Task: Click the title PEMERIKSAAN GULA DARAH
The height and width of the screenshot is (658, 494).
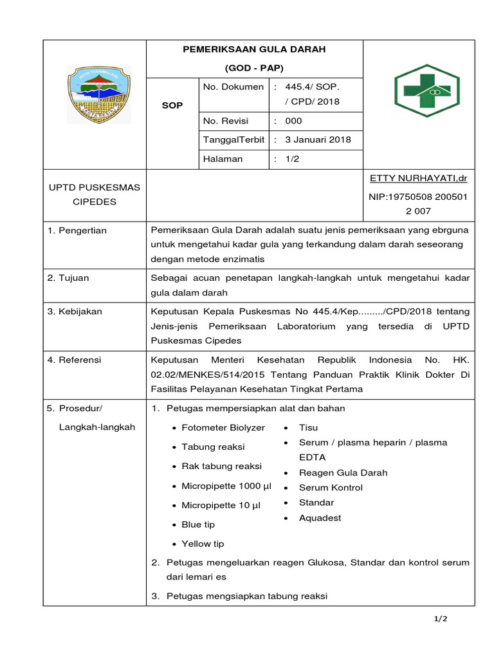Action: [255, 49]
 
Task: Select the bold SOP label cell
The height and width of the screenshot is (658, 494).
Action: [172, 105]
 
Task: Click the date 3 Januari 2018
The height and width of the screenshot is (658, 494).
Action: [318, 140]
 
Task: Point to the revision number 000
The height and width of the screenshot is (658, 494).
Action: [293, 121]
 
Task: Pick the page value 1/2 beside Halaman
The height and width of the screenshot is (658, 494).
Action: [293, 159]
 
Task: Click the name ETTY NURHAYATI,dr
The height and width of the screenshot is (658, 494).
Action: [418, 177]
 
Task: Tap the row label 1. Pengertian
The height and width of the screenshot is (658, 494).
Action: [77, 230]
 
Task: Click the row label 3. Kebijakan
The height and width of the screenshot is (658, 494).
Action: [75, 311]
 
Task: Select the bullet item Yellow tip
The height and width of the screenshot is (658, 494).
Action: [203, 544]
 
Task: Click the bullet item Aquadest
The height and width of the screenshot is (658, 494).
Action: [320, 518]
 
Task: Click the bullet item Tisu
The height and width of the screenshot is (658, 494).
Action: [308, 427]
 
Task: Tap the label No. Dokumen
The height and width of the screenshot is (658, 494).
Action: [233, 87]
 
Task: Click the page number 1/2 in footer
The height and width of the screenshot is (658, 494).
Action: [440, 619]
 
